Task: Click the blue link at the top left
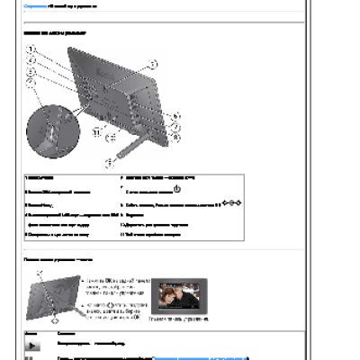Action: click(x=34, y=6)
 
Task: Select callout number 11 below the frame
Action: click(x=97, y=131)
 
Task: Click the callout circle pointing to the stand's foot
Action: click(x=111, y=162)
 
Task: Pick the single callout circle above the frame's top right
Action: click(x=152, y=64)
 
